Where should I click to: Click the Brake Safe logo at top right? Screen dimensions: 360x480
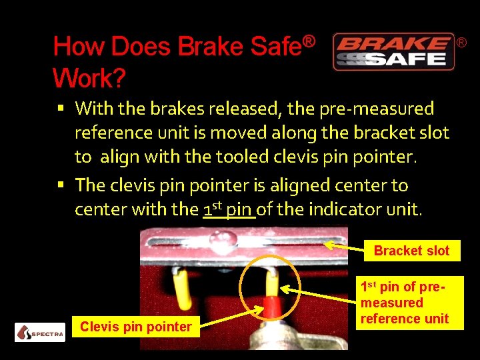tap(393, 52)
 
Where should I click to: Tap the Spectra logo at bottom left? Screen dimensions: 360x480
tap(40, 331)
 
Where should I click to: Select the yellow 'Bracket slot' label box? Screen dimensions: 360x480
tap(411, 251)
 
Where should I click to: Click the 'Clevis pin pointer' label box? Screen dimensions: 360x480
tap(135, 327)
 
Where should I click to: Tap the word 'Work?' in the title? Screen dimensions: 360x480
tap(89, 79)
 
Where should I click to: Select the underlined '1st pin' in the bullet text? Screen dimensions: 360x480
tap(229, 209)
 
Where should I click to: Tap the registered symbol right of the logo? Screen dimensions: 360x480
tap(461, 43)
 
